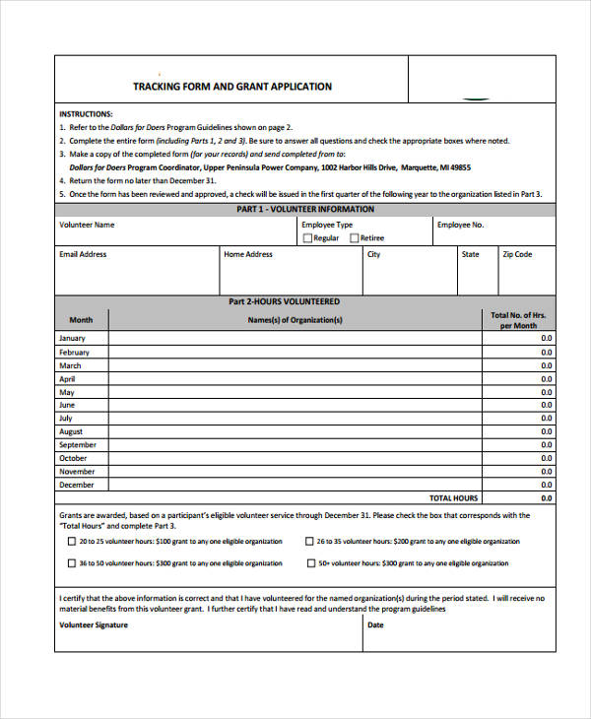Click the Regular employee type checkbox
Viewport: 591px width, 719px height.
(x=307, y=238)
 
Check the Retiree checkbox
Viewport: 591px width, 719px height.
(x=354, y=238)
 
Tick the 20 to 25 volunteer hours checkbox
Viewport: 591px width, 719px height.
(x=71, y=542)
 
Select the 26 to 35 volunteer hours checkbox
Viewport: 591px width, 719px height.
(x=309, y=542)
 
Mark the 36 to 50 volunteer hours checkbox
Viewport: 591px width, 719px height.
(x=71, y=563)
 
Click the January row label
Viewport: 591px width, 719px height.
(x=74, y=339)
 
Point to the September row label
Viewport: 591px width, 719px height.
(x=78, y=445)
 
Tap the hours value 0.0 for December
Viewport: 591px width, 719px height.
(x=547, y=485)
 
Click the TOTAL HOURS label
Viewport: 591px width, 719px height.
(x=453, y=498)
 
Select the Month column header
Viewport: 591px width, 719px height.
(x=81, y=320)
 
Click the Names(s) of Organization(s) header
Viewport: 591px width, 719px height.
(x=295, y=320)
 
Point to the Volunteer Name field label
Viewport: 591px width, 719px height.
(x=87, y=225)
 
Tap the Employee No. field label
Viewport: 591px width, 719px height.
(x=461, y=225)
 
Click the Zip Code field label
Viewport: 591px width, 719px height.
(x=517, y=254)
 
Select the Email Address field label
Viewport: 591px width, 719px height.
(x=83, y=254)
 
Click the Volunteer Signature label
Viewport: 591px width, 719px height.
(x=94, y=624)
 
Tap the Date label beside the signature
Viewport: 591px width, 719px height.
(x=375, y=624)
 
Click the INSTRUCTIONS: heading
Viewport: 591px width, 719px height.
(x=86, y=113)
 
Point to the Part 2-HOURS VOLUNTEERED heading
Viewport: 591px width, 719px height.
(x=284, y=301)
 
